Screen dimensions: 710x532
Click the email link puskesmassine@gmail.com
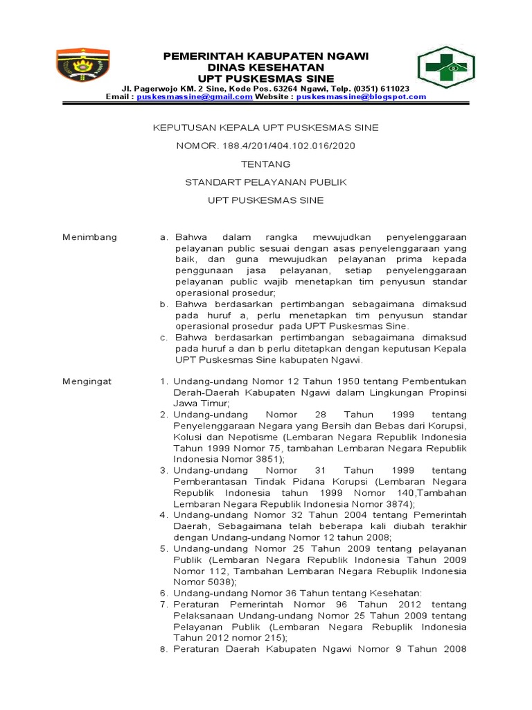pos(194,98)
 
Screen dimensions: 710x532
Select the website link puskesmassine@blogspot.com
pos(361,98)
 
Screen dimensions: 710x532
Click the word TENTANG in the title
pos(265,164)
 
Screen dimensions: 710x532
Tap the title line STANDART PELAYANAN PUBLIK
pos(265,182)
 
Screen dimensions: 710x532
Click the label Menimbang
pos(90,237)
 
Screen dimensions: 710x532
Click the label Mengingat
pos(87,381)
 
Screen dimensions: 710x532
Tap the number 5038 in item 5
pos(220,582)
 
